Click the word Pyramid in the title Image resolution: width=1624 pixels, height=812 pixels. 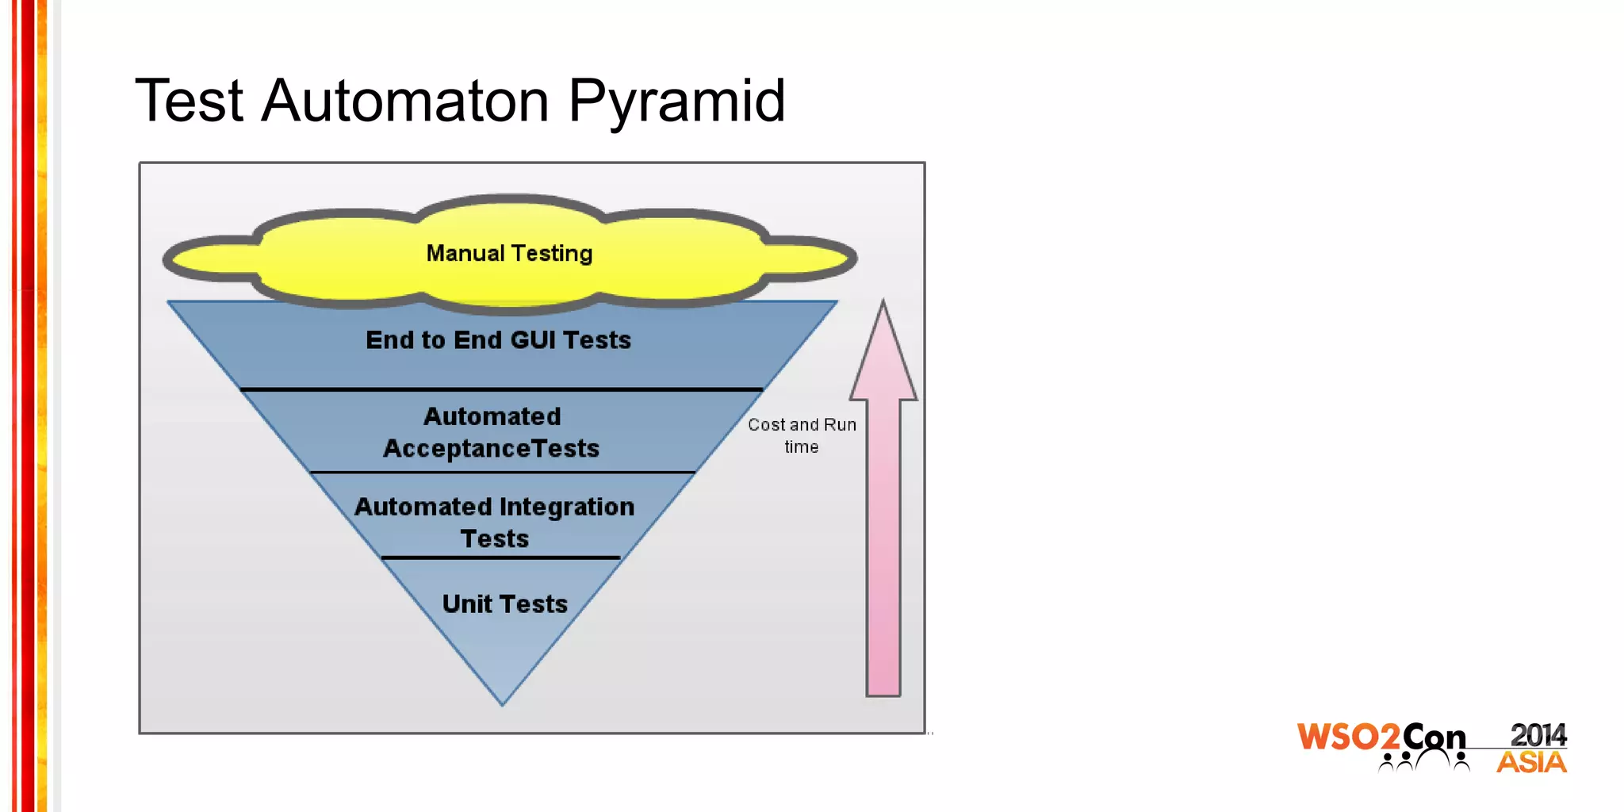[x=676, y=101]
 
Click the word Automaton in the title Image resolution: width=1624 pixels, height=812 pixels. [x=405, y=101]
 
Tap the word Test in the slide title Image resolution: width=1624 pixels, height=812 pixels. [x=189, y=101]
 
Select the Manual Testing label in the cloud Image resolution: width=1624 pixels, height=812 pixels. [x=509, y=253]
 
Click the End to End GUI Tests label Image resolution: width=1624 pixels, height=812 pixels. [x=498, y=340]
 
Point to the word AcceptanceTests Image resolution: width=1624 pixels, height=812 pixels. [x=491, y=449]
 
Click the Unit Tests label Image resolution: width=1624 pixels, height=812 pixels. [x=504, y=604]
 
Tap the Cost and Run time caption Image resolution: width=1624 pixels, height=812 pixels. [x=802, y=435]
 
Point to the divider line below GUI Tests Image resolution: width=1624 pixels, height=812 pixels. [x=501, y=389]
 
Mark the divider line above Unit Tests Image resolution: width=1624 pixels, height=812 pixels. [x=501, y=557]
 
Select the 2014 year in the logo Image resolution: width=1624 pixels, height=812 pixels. [x=1538, y=735]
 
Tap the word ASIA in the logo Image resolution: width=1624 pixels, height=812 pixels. [x=1531, y=763]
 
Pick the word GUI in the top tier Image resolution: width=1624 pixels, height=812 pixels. [x=532, y=340]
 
